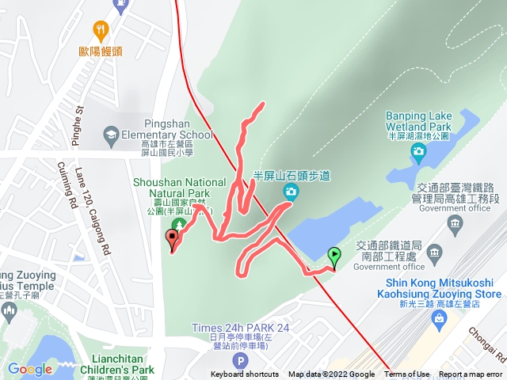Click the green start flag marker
click(334, 256)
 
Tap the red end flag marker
click(173, 238)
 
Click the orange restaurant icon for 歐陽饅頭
click(100, 32)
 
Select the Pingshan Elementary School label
click(179, 129)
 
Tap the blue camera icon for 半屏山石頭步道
click(291, 191)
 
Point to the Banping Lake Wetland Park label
click(417, 121)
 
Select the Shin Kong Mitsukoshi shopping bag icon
click(440, 317)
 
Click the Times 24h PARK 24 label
click(240, 328)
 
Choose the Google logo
click(30, 369)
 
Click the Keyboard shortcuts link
click(245, 374)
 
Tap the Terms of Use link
click(407, 374)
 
